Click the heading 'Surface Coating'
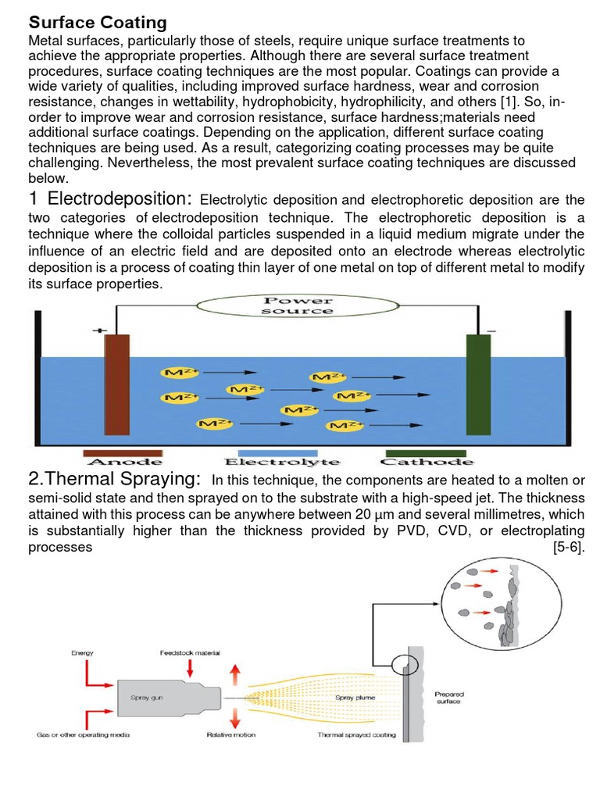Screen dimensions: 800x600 coord(97,20)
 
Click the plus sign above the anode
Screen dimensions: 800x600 coord(99,330)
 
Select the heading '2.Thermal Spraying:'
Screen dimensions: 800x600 coord(114,479)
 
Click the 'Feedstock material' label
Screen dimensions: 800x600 coord(190,652)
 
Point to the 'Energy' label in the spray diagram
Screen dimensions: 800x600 coord(82,652)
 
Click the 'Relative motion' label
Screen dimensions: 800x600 coord(230,735)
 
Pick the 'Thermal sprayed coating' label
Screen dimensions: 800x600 coord(357,735)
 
